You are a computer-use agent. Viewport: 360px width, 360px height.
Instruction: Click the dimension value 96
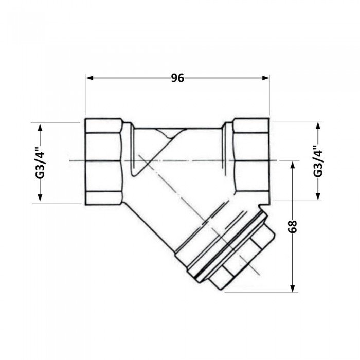click(x=177, y=78)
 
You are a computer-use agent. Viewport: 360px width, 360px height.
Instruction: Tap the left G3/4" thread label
click(x=40, y=163)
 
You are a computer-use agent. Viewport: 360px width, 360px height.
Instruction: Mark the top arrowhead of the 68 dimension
click(x=292, y=164)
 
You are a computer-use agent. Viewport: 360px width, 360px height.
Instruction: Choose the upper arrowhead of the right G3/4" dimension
click(x=318, y=125)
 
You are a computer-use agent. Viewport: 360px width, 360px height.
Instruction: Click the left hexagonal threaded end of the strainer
click(x=103, y=161)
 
